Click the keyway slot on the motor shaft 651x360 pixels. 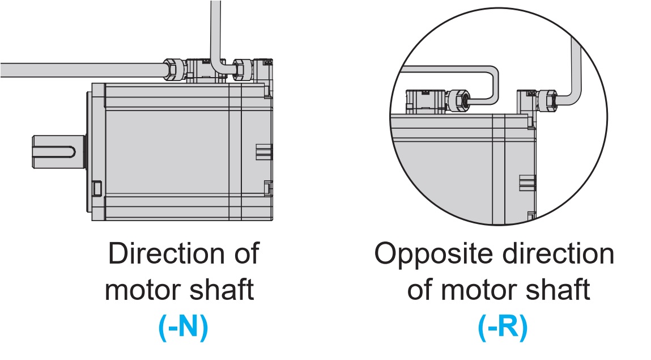[59, 152]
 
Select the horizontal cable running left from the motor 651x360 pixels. [79, 70]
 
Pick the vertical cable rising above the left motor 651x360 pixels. [216, 28]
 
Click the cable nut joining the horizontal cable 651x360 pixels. [174, 69]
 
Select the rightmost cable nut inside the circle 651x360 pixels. [546, 101]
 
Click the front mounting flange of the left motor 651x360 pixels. [97, 152]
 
